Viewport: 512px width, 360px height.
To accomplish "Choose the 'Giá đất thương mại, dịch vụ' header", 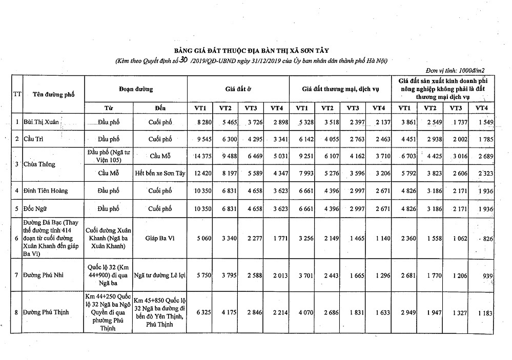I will point(340,89).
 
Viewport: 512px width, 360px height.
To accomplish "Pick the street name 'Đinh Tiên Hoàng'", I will point(46,191).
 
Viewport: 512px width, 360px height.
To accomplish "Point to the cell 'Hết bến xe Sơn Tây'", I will point(160,173).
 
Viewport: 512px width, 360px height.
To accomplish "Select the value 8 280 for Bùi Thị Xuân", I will point(201,122).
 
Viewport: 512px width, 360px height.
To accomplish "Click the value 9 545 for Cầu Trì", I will point(201,139).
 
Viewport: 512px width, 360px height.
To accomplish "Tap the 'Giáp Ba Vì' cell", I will point(160,238).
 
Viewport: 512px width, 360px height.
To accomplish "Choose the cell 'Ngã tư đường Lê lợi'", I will point(160,275).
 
